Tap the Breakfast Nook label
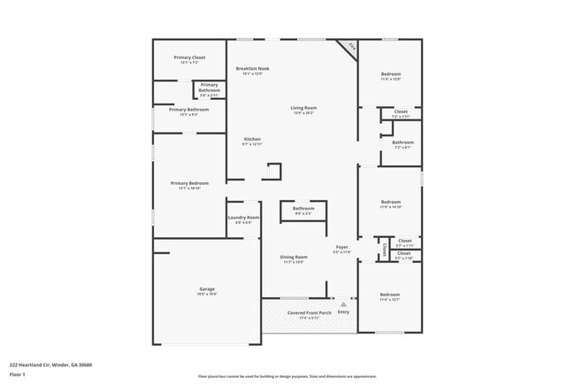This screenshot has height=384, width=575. [x=253, y=68]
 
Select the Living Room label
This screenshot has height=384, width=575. [x=303, y=108]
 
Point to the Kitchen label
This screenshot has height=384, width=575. [x=253, y=139]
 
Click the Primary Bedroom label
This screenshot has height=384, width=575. [x=190, y=183]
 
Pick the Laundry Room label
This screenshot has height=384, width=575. [x=243, y=217]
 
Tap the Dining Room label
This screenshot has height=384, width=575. [x=294, y=257]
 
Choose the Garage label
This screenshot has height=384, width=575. [x=207, y=289]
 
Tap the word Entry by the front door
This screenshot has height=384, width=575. [x=344, y=312]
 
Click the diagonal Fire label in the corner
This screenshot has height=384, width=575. [x=351, y=47]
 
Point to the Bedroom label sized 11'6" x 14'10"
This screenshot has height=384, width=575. [x=390, y=202]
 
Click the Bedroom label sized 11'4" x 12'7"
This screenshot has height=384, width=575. [x=390, y=294]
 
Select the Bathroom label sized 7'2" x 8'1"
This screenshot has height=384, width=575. [x=402, y=142]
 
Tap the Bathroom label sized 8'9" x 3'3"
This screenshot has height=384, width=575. [x=303, y=209]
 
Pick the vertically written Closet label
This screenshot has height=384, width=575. [x=385, y=250]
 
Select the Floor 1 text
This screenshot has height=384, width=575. [x=18, y=374]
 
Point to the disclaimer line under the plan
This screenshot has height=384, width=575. [x=288, y=374]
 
